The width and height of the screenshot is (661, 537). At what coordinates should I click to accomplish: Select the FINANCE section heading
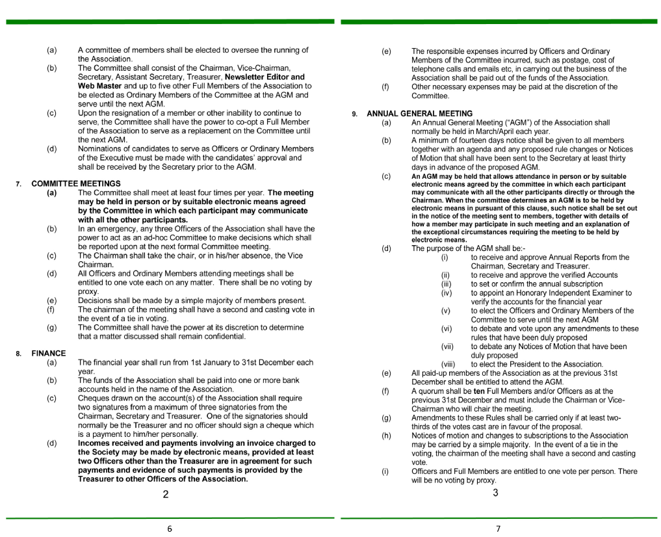pyautogui.click(x=49, y=354)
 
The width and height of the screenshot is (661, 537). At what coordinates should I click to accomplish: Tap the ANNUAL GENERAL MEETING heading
pyautogui.click(x=419, y=114)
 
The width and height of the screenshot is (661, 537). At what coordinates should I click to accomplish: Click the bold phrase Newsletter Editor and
pyautogui.click(x=265, y=77)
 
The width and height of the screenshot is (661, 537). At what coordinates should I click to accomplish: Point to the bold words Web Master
pyautogui.click(x=99, y=86)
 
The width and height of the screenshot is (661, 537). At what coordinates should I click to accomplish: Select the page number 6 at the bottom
pyautogui.click(x=170, y=529)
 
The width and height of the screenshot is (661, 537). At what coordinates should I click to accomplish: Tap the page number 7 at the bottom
pyautogui.click(x=499, y=529)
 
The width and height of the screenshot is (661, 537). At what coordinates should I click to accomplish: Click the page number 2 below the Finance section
pyautogui.click(x=166, y=494)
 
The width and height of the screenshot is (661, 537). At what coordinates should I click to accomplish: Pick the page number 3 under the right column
pyautogui.click(x=495, y=493)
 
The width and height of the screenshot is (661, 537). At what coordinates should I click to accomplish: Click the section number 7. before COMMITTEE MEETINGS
pyautogui.click(x=19, y=185)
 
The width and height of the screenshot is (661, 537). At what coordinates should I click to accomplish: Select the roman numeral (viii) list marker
pyautogui.click(x=448, y=364)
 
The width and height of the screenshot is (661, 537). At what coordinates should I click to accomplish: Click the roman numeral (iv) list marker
pyautogui.click(x=445, y=293)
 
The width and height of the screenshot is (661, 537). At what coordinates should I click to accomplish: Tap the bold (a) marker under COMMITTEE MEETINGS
pyautogui.click(x=51, y=193)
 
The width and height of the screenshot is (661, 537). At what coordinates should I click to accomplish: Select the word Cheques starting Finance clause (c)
pyautogui.click(x=92, y=399)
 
